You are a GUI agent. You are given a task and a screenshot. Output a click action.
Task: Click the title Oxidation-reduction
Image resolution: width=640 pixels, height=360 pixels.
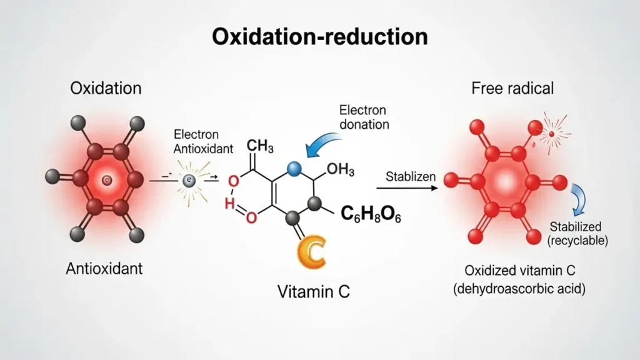point(320,36)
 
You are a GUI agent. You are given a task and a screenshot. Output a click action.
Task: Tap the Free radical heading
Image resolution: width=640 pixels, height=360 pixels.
point(512,88)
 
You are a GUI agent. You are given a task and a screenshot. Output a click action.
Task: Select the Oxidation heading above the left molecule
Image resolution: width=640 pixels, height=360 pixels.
point(106,88)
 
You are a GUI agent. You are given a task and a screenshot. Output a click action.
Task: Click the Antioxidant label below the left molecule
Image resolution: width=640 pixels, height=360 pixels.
point(104,269)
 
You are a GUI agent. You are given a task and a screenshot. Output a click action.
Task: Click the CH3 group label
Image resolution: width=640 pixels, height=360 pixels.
point(261,147)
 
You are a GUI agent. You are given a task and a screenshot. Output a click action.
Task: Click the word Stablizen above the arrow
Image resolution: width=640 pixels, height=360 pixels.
point(411,177)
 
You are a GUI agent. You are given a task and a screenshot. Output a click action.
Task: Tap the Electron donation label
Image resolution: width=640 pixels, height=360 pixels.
point(364,117)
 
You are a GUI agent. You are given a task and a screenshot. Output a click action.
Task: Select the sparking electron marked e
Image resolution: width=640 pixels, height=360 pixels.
point(188,181)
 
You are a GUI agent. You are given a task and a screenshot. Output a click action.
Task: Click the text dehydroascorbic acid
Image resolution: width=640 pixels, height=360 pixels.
point(524,290)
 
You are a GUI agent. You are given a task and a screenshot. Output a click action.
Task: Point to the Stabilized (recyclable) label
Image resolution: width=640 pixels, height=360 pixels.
point(577,232)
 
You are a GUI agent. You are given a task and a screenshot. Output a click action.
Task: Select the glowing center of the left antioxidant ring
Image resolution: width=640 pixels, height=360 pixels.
point(107,181)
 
